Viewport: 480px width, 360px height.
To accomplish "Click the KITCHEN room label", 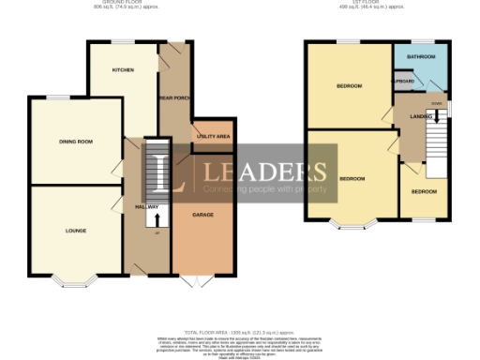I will coord(123,70).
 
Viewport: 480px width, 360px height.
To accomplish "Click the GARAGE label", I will coord(202,215).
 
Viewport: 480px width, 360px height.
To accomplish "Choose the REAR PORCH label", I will coord(174,97).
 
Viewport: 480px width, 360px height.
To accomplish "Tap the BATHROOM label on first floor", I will coord(420,57).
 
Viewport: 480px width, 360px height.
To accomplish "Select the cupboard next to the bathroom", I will coord(380,82).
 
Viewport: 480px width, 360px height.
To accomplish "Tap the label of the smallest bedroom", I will coord(423,191).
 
